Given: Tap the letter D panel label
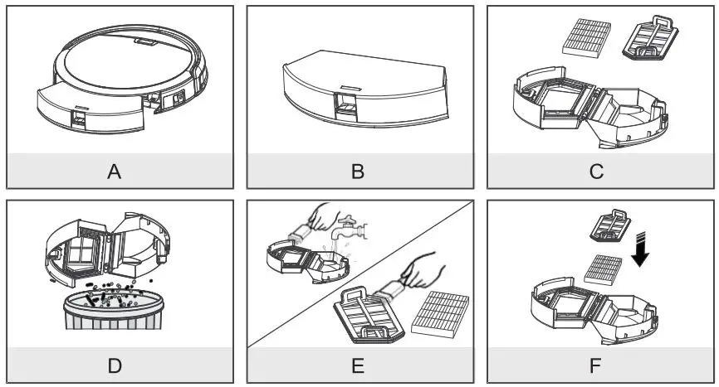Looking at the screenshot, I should click(115, 365).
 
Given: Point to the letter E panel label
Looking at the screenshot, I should click(358, 365).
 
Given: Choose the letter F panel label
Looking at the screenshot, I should click(597, 365).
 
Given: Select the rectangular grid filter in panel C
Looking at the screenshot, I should click(586, 37).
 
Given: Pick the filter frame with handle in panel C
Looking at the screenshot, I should click(650, 41).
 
